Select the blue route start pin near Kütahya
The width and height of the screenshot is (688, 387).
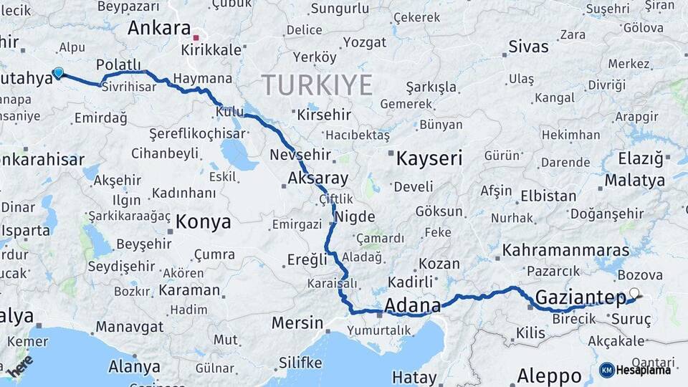(x=58, y=72)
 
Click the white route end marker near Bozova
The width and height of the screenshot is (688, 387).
(x=634, y=293)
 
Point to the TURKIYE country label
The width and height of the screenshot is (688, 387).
(x=317, y=85)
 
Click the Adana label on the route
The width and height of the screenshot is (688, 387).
(x=413, y=307)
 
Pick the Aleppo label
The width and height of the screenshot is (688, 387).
(x=550, y=376)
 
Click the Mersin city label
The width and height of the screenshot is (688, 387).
(x=297, y=322)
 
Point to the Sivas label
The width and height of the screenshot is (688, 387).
(x=528, y=47)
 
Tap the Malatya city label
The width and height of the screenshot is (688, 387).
(x=634, y=180)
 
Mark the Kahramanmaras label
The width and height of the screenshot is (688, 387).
(x=566, y=251)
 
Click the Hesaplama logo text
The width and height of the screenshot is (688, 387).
(x=645, y=370)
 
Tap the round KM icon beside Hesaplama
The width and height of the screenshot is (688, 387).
(x=606, y=370)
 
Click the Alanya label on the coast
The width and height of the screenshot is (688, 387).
(x=134, y=367)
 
